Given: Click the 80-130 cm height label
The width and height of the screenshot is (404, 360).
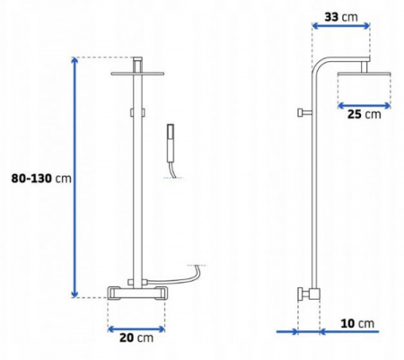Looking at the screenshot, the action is pos(41,179).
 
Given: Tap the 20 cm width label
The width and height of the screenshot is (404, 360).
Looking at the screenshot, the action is pos(136,338).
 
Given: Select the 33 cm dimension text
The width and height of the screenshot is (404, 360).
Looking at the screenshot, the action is pos(341,17).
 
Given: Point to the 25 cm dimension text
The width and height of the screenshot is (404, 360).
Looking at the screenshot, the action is pos(364,114).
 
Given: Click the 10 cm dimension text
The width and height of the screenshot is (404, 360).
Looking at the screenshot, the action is pos(357,323).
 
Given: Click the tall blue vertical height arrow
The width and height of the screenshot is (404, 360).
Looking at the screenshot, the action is pos(75,177).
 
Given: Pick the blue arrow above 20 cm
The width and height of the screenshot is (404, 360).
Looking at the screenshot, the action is pos(136,329).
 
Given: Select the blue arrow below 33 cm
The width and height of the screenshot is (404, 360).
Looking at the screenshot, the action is pos(341,26).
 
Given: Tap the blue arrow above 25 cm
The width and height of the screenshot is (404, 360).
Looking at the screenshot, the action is pos(364,105).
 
